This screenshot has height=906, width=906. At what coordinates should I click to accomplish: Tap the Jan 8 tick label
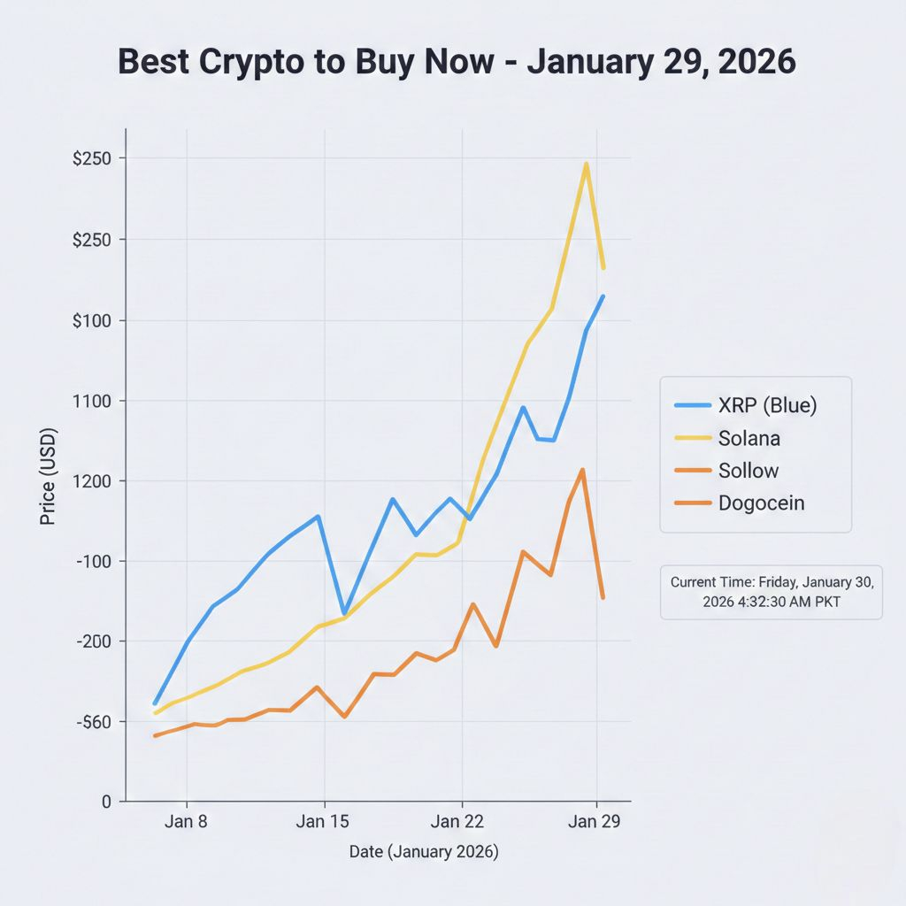click(x=186, y=821)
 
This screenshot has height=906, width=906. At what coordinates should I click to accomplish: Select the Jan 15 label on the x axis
click(x=324, y=821)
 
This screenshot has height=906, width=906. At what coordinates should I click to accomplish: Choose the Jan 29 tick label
click(x=595, y=821)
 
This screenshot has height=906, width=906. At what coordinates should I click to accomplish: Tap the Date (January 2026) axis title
click(x=424, y=852)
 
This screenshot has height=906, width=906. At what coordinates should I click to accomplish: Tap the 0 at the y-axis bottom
click(x=106, y=802)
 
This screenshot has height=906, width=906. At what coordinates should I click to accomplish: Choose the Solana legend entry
click(x=749, y=438)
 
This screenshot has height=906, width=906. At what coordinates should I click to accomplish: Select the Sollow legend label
click(x=749, y=471)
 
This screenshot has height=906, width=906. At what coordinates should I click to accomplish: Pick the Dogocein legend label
click(x=761, y=503)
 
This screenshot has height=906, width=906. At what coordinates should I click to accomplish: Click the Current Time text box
click(x=772, y=592)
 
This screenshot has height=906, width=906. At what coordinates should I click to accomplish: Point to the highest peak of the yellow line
click(x=586, y=164)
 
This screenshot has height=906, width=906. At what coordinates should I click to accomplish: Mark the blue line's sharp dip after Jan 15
click(x=344, y=613)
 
